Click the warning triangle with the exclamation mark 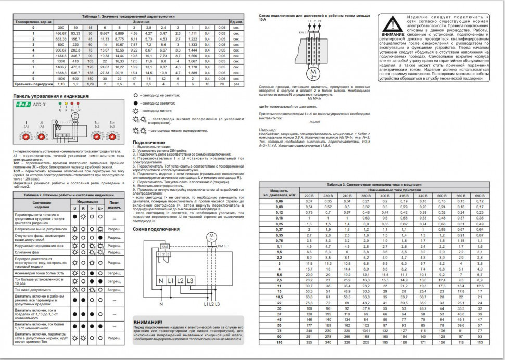pyautogui.click(x=391, y=24)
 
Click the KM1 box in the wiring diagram pyautogui.click(x=165, y=247)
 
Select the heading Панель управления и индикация pyautogui.click(x=51, y=96)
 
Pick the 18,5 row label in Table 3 pyautogui.click(x=279, y=296)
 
